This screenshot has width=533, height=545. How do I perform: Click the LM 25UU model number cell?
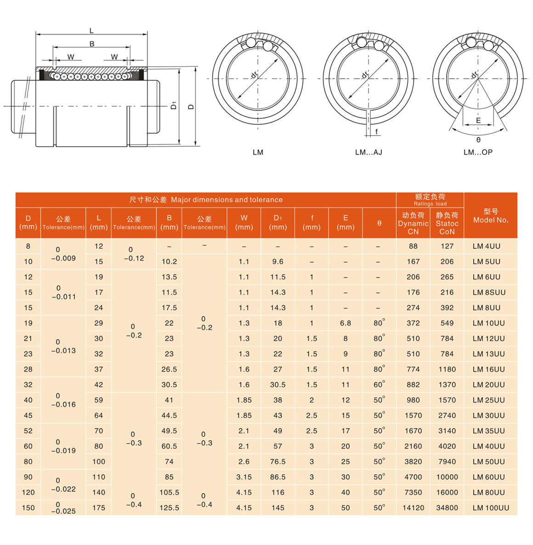click(x=488, y=400)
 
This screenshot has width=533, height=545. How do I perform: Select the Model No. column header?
click(x=491, y=216)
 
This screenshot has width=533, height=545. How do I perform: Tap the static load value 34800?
click(x=447, y=508)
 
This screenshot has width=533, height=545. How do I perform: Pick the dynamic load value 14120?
click(x=413, y=508)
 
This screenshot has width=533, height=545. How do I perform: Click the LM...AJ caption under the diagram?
click(x=369, y=152)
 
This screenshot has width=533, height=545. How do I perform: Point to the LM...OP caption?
click(x=478, y=152)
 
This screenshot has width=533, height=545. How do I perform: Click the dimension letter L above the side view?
click(x=91, y=31)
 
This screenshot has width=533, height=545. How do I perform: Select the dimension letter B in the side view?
click(x=92, y=44)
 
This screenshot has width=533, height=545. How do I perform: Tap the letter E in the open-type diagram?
click(x=478, y=120)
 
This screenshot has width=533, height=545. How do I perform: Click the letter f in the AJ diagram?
click(x=376, y=132)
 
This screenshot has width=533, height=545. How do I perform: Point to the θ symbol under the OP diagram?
click(x=478, y=140)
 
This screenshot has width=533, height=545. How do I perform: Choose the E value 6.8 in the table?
click(x=346, y=323)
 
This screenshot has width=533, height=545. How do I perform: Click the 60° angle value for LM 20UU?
click(x=379, y=384)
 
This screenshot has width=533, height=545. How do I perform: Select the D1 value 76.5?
click(x=278, y=462)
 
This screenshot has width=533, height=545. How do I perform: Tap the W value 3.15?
click(x=244, y=477)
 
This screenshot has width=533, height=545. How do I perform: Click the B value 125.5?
click(x=169, y=508)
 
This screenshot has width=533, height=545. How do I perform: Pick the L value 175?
click(x=98, y=508)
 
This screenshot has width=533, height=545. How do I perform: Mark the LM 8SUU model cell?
click(x=489, y=293)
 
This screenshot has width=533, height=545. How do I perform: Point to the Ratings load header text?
click(x=430, y=204)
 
